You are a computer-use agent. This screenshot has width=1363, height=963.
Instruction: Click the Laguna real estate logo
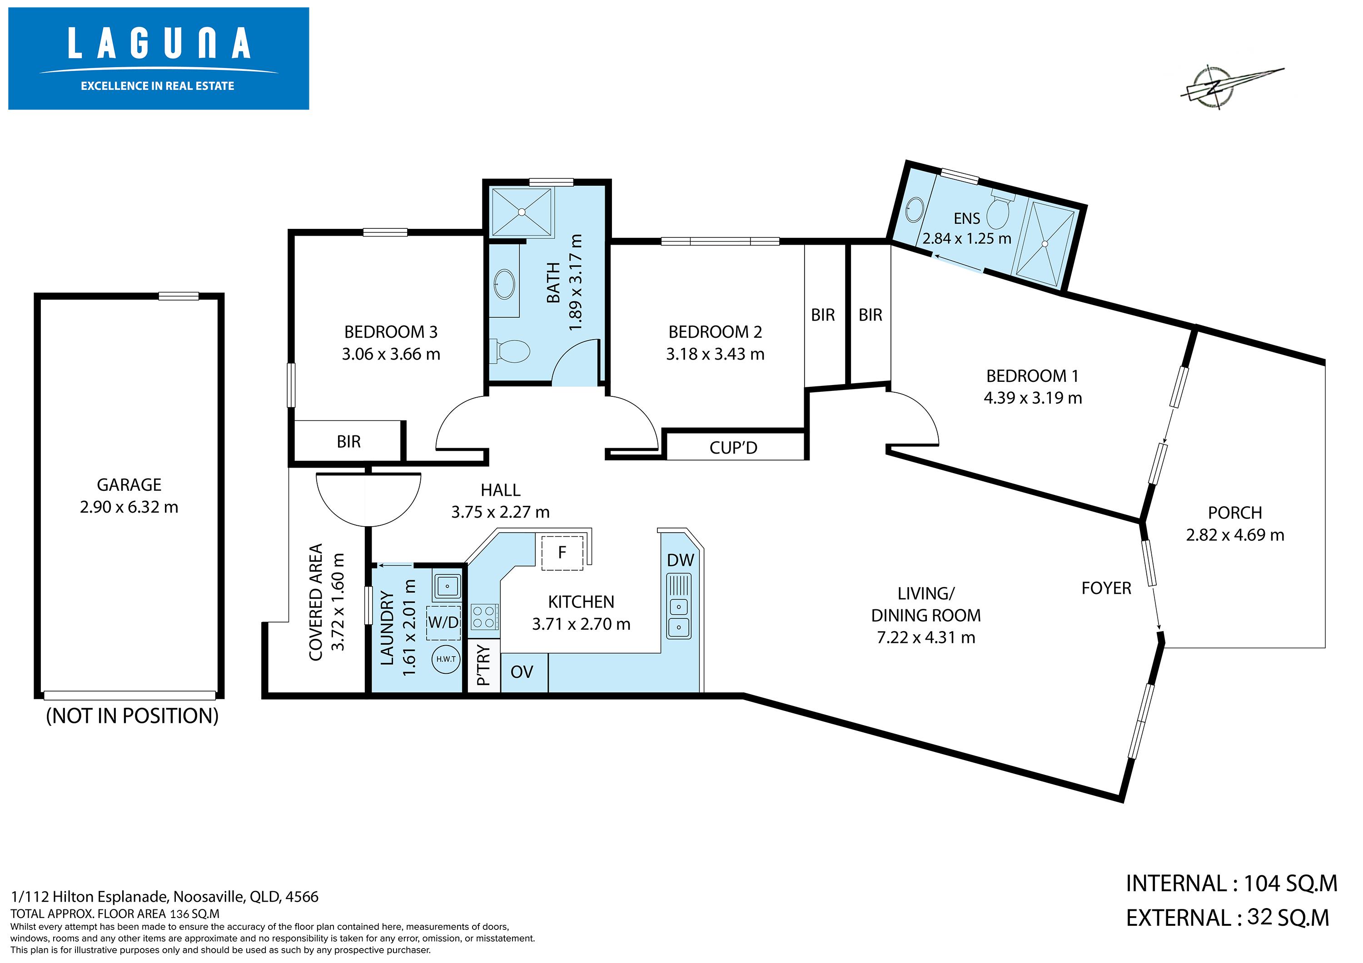tap(159, 58)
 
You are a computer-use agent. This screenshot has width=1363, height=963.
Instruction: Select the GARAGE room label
tap(129, 485)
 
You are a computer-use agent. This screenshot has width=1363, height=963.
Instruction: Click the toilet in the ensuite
tap(999, 210)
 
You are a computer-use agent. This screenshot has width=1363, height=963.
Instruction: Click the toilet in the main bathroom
tap(509, 351)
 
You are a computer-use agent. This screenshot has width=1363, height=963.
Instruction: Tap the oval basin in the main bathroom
tap(505, 285)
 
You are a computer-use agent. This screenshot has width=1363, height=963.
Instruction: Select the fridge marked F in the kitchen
tap(562, 552)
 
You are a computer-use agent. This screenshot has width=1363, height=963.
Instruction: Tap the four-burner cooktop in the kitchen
tap(484, 617)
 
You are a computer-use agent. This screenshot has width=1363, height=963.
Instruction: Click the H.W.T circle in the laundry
tap(446, 659)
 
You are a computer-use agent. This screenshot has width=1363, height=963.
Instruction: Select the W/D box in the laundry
tap(443, 622)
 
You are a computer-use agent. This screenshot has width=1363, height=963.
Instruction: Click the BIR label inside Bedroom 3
tap(348, 441)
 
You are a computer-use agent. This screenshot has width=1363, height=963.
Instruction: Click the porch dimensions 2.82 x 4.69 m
tap(1235, 535)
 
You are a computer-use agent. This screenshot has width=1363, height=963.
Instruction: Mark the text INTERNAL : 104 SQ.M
tap(1231, 884)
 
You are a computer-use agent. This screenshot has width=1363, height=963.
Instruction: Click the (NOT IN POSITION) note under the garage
tap(132, 716)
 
